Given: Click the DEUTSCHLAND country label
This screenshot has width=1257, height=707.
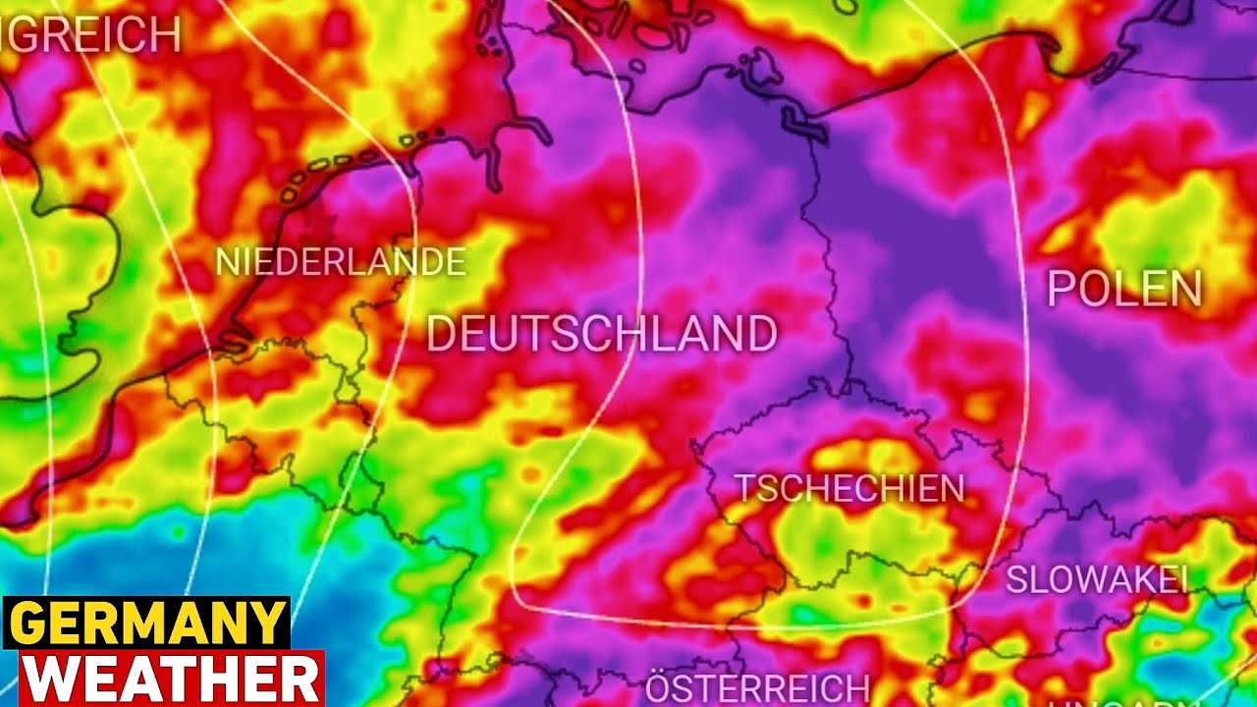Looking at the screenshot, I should pyautogui.click(x=602, y=335).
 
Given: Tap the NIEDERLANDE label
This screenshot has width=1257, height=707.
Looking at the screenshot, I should pyautogui.click(x=340, y=262).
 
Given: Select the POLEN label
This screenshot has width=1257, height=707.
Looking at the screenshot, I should pyautogui.click(x=1124, y=289).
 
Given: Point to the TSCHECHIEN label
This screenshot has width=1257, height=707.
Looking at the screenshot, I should pyautogui.click(x=850, y=488).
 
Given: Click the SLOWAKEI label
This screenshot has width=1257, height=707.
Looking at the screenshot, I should pyautogui.click(x=1097, y=579).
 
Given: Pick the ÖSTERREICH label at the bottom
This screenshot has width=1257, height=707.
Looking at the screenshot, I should pyautogui.click(x=757, y=687).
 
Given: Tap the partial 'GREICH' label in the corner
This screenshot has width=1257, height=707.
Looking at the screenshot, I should pyautogui.click(x=93, y=36).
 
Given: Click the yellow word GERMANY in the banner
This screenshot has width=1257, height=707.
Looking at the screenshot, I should pyautogui.click(x=146, y=623).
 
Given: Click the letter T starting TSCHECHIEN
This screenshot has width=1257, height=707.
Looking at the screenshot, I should pyautogui.click(x=745, y=488).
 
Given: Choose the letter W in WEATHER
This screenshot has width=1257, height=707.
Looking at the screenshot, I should pyautogui.click(x=48, y=679).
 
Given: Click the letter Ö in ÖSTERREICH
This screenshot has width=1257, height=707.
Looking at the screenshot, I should pyautogui.click(x=659, y=687).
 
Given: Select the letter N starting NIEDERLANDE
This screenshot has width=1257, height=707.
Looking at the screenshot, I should pyautogui.click(x=226, y=262).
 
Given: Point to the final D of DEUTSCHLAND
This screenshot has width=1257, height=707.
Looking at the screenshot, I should pyautogui.click(x=762, y=335).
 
